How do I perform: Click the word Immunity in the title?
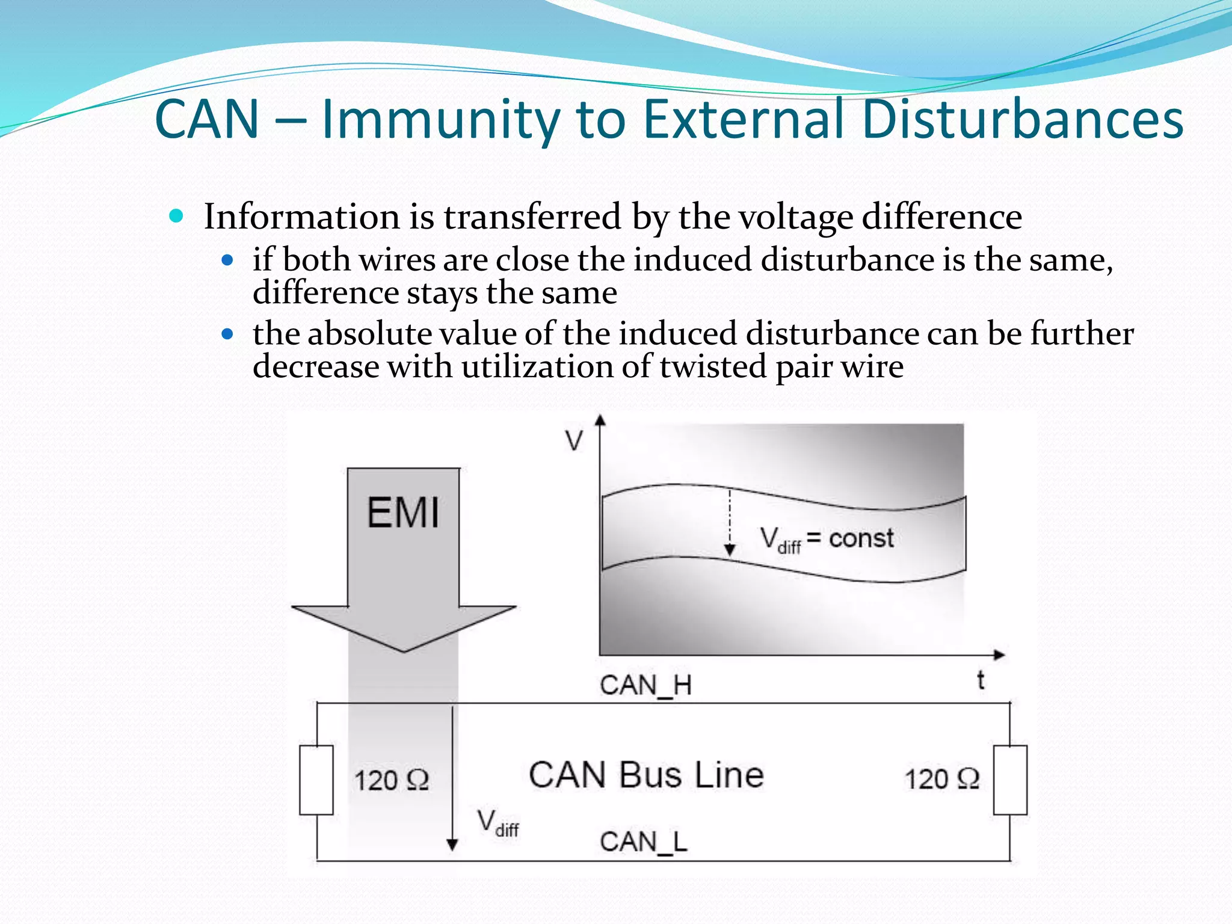coord(441,119)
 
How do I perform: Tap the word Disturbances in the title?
coord(1022,119)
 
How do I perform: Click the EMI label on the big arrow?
coord(403,513)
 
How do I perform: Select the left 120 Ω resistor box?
coord(316,780)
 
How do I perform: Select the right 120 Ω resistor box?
coord(1010,780)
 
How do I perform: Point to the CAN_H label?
coord(645,685)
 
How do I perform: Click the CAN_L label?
coord(643,841)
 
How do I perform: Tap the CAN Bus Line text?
coord(646,775)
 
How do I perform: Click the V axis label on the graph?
coord(574,441)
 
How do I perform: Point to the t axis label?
coord(981,680)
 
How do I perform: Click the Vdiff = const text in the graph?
coord(827,538)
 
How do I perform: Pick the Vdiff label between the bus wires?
coord(497,823)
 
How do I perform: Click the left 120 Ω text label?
coord(392,780)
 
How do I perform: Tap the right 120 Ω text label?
coord(942,779)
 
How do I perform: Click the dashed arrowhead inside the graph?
coord(730,550)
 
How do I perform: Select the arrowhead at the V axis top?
coord(600,420)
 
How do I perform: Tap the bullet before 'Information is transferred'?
coord(176,216)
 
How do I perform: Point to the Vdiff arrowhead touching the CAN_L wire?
coord(452,845)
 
